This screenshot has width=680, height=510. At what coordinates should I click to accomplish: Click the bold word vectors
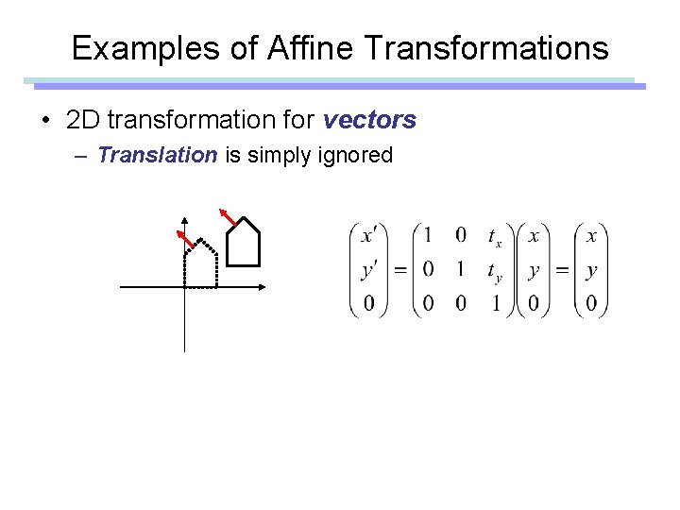coord(369,120)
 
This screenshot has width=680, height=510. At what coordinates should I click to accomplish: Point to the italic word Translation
coord(158,155)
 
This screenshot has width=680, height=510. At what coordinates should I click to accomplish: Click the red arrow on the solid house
coord(228,215)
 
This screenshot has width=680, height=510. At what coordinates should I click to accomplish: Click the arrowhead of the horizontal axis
coord(263,285)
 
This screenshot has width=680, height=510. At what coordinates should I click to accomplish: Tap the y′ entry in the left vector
coord(369,270)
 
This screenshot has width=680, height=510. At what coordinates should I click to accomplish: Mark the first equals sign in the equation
coord(399,270)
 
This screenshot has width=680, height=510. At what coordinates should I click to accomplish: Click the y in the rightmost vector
coord(591,270)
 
